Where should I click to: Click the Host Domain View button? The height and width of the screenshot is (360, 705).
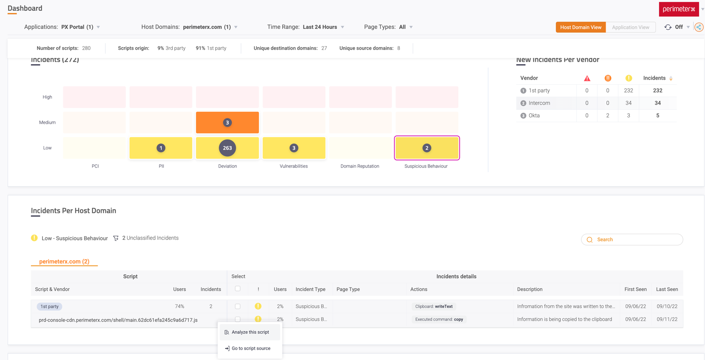580,27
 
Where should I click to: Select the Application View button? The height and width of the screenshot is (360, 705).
630,27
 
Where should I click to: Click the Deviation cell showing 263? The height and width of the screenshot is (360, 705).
227,148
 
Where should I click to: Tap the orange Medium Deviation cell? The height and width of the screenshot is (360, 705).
227,122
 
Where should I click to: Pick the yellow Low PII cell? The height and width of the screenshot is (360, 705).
161,148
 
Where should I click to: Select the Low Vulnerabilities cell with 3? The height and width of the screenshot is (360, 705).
294,148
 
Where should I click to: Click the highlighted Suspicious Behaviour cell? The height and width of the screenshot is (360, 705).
427,148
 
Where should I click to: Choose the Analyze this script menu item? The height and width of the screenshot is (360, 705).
250,332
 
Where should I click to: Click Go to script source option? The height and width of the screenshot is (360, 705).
251,348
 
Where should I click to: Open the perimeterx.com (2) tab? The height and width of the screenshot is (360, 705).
64,262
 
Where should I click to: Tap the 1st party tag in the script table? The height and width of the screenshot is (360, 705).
49,307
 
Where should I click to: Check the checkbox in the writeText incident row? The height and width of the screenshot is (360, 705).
238,306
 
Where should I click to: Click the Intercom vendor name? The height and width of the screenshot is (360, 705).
539,103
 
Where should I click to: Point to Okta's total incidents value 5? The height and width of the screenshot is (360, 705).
657,115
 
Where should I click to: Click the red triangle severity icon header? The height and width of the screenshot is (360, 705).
587,78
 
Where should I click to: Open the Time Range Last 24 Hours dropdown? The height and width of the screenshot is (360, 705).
324,27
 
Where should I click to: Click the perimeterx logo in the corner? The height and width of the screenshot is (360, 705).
678,9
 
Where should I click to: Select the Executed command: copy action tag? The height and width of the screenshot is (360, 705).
439,320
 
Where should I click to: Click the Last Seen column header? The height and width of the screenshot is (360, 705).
667,289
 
